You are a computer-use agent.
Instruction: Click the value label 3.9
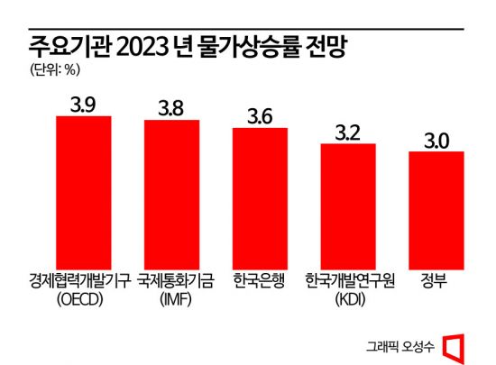[84, 104]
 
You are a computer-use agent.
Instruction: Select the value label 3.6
[260, 115]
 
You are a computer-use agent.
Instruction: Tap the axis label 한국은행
[260, 280]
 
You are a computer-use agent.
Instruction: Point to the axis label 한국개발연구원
[348, 280]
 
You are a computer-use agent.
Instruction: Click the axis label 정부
[436, 280]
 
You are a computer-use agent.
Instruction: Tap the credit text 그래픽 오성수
[402, 345]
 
